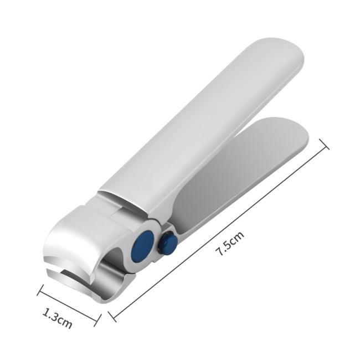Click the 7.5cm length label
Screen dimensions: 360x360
pyautogui.click(x=230, y=244)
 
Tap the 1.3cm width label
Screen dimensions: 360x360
pyautogui.click(x=58, y=318)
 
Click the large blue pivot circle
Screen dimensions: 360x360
pyautogui.click(x=142, y=246)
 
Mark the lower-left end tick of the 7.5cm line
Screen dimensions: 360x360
pyautogui.click(x=112, y=316)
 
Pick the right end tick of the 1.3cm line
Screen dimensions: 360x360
pyautogui.click(x=97, y=320)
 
